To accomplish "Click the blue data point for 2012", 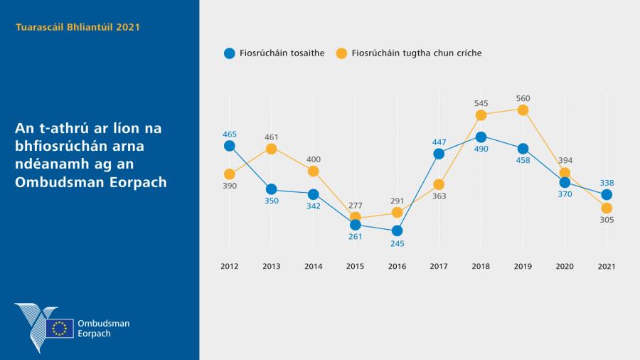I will coord(229,146).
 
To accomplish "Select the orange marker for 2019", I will coord(523,110).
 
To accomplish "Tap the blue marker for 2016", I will coord(397,231).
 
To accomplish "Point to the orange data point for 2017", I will coord(439,184).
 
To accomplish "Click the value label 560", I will coord(523,98).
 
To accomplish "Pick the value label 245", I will coord(397,243).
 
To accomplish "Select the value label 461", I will coord(271,136).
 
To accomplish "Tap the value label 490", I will coord(481,149).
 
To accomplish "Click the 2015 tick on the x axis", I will coord(355,266).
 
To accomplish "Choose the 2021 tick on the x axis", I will coord(607,266).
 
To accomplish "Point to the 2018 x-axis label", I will coord(481,266).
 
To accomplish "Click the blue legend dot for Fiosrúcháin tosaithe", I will coord(229,53).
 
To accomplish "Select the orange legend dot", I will coord(341,53).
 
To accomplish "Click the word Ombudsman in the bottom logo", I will coord(103,324).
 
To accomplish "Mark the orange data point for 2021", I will coord(607,208).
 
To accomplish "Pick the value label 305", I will coord(607,220).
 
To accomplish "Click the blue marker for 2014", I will coord(313,194).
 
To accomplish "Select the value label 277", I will coord(355,206).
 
